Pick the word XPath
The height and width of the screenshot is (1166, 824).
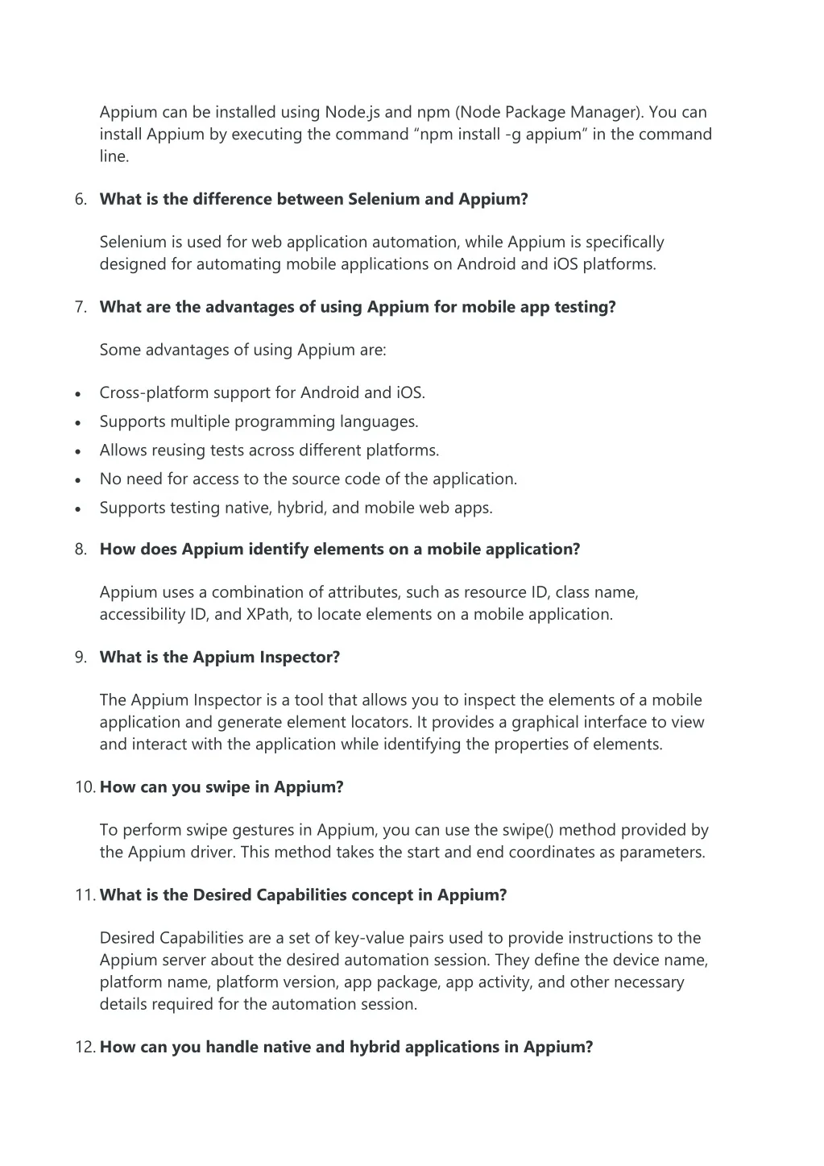pyautogui.click(x=269, y=615)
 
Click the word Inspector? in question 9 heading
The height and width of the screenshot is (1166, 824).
pyautogui.click(x=300, y=658)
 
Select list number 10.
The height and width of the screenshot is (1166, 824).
pyautogui.click(x=85, y=787)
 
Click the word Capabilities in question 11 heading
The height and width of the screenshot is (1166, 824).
pyautogui.click(x=304, y=895)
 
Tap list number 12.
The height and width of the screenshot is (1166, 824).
pyautogui.click(x=85, y=1048)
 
